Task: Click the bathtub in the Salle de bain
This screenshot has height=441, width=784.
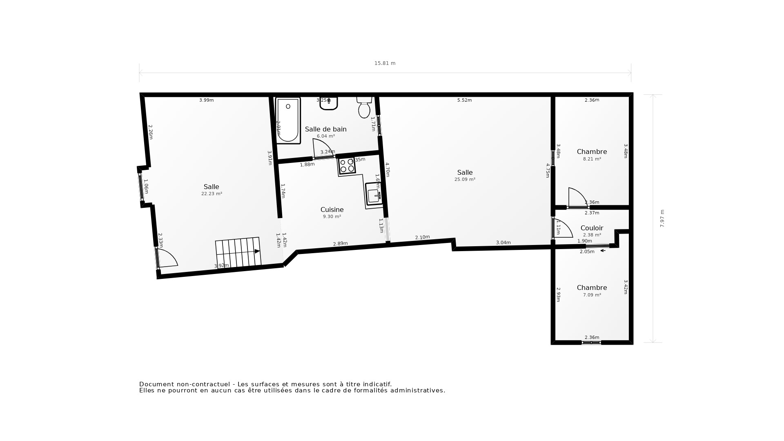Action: (x=288, y=120)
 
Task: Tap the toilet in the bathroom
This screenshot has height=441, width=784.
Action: (x=364, y=108)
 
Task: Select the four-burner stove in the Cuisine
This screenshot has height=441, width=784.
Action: (x=347, y=165)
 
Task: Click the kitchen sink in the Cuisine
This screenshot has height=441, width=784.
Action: (x=374, y=195)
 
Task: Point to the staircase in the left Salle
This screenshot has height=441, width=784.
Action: (x=238, y=252)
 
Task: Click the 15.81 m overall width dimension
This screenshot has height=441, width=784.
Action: (x=385, y=63)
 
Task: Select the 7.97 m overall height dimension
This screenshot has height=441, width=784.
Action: (x=662, y=218)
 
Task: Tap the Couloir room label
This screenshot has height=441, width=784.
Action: (x=592, y=228)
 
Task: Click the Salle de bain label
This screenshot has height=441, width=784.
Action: (x=325, y=129)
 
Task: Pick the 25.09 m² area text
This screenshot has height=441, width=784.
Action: (x=465, y=179)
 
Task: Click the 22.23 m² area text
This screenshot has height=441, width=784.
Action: (x=212, y=194)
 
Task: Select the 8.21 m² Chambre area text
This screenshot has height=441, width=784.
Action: (x=592, y=159)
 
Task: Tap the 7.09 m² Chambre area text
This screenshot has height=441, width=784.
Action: (x=592, y=295)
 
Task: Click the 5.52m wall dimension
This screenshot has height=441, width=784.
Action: (x=464, y=100)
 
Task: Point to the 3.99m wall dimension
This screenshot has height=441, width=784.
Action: (x=206, y=100)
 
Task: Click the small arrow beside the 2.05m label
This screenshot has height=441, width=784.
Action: (x=603, y=251)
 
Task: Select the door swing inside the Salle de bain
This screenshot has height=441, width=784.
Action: (x=322, y=148)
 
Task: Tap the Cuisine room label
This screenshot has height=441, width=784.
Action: (x=332, y=209)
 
